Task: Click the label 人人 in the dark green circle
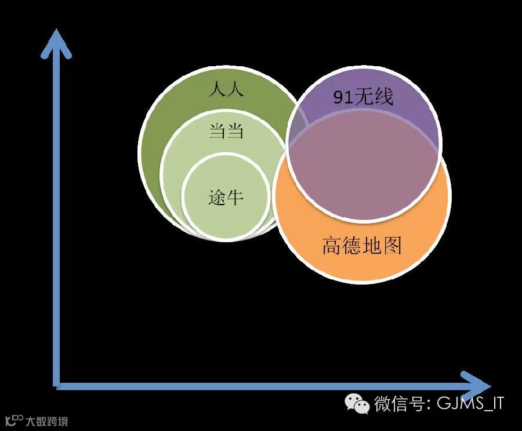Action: [x=226, y=91]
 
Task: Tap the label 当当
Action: [x=226, y=132]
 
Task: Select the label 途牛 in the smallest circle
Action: [x=226, y=197]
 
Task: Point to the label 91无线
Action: [x=363, y=97]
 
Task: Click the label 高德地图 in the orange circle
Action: [x=362, y=246]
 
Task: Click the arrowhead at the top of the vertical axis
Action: [x=57, y=43]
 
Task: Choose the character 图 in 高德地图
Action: [x=392, y=246]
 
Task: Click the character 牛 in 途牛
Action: [x=234, y=197]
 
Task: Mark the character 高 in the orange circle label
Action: [x=332, y=246]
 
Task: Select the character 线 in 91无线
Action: [x=384, y=97]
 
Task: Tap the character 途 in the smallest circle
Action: [x=217, y=197]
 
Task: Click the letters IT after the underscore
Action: [x=495, y=403]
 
